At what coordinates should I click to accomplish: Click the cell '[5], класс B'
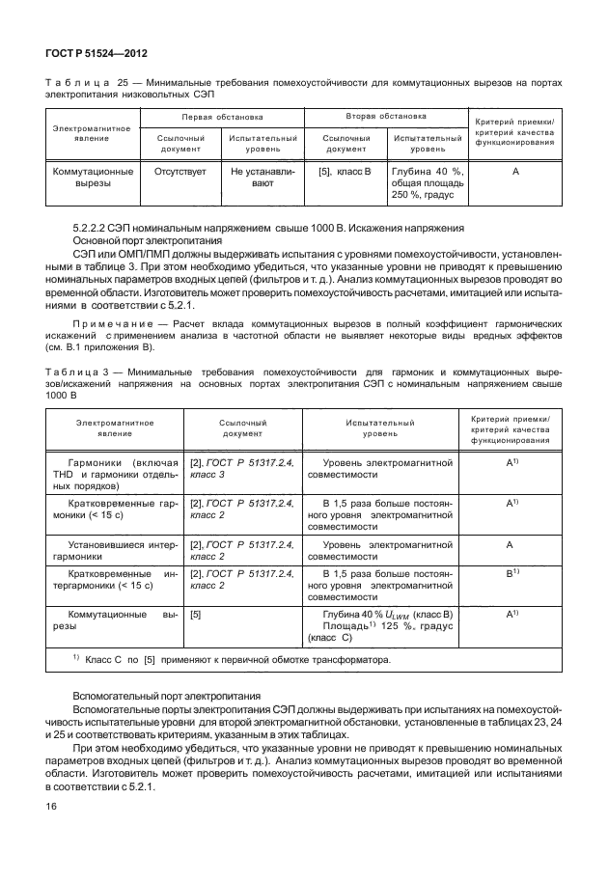(x=345, y=172)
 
